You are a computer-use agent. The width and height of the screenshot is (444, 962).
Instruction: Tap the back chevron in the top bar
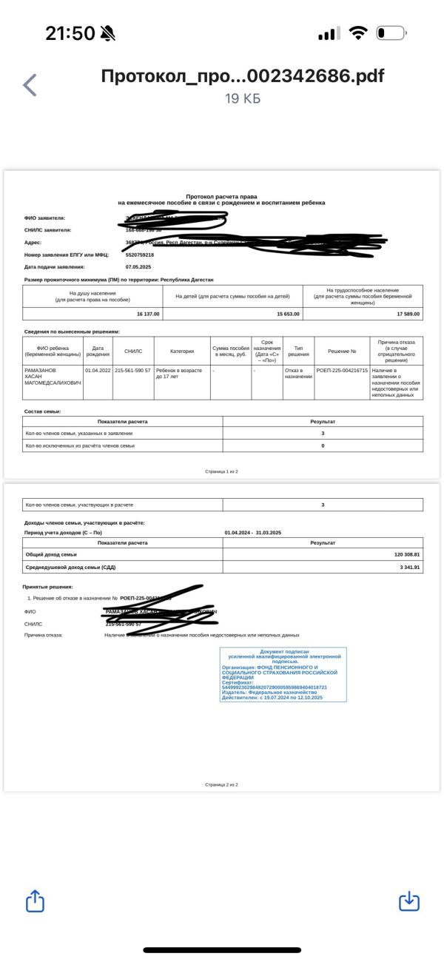(x=30, y=85)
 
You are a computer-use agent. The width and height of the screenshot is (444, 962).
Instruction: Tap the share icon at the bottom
(x=36, y=901)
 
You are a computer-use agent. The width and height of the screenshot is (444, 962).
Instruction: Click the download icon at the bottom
(x=409, y=901)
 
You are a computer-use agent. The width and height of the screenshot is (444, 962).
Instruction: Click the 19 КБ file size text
(x=243, y=98)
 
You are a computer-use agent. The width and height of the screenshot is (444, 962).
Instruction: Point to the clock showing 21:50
(x=70, y=33)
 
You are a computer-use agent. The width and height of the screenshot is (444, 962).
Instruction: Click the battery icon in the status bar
(x=391, y=33)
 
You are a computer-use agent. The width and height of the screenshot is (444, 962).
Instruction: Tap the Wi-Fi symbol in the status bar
(x=359, y=33)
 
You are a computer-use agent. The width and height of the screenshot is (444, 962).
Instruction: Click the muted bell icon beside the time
(x=108, y=33)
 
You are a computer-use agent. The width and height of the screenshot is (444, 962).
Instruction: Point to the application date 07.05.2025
(x=138, y=266)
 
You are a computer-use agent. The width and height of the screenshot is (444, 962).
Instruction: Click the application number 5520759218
(x=140, y=255)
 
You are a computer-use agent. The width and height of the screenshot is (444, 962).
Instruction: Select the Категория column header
(x=181, y=351)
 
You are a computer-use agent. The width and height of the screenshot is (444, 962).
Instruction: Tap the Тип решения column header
(x=298, y=351)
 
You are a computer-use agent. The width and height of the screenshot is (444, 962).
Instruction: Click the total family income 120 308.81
(x=407, y=554)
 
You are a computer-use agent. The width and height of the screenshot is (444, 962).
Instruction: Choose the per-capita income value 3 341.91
(x=409, y=568)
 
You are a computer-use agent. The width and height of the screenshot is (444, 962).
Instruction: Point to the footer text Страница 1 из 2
(x=221, y=471)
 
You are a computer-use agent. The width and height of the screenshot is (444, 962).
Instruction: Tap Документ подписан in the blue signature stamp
(x=284, y=652)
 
